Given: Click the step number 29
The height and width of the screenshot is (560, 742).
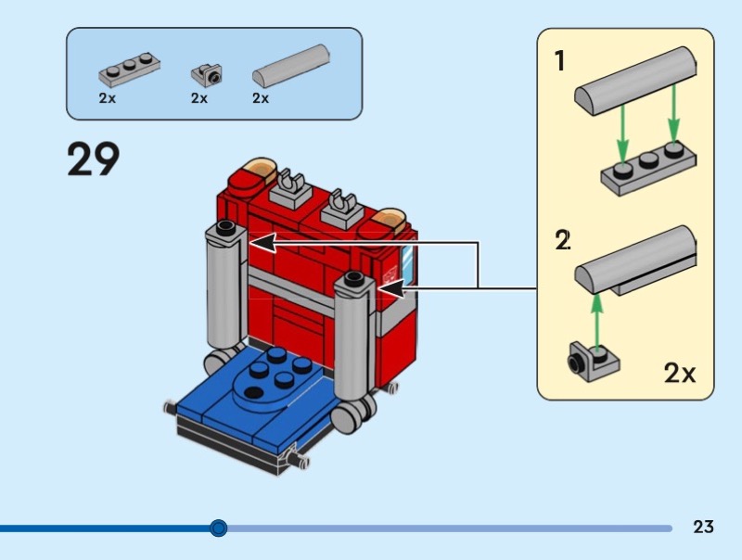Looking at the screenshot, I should (x=93, y=159).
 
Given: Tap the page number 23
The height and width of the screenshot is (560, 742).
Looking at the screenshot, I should (x=703, y=528).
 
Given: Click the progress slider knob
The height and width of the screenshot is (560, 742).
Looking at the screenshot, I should (x=218, y=528).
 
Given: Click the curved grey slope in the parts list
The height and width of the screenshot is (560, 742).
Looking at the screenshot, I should (x=292, y=66).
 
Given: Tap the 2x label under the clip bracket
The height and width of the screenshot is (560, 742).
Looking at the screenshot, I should (x=199, y=97).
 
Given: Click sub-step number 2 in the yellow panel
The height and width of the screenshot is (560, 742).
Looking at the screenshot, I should (x=562, y=240).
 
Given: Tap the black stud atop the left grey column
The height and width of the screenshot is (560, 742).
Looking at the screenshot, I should (x=226, y=228).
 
